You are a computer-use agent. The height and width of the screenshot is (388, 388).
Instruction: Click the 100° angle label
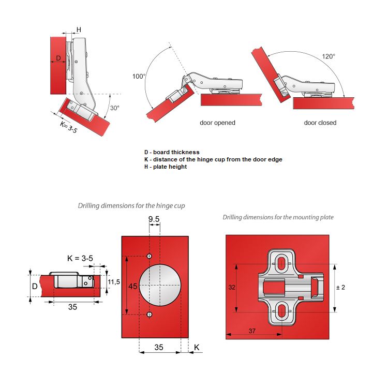pyautogui.click(x=139, y=76)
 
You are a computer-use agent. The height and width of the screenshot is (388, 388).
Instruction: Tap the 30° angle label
pyautogui.click(x=115, y=108)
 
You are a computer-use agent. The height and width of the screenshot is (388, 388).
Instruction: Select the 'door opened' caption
pyautogui.click(x=217, y=123)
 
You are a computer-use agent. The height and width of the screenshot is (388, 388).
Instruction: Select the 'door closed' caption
pyautogui.click(x=320, y=123)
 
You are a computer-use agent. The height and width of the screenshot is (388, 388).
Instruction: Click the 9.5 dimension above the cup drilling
pyautogui.click(x=154, y=219)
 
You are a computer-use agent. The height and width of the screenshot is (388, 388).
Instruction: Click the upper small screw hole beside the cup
pyautogui.click(x=150, y=257)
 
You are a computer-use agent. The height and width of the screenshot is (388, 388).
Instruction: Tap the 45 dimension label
pyautogui.click(x=132, y=286)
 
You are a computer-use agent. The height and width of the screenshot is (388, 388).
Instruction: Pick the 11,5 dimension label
pyautogui.click(x=114, y=281)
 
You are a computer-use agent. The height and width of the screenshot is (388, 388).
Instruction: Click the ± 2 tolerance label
pyautogui.click(x=341, y=287)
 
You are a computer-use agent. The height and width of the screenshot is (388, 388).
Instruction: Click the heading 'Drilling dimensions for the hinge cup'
pyautogui.click(x=131, y=205)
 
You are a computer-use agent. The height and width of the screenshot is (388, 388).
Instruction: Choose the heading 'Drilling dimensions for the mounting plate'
pyautogui.click(x=278, y=217)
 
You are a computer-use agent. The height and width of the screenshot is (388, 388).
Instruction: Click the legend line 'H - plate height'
pyautogui.click(x=166, y=167)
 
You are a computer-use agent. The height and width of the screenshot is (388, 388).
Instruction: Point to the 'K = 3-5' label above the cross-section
pyautogui.click(x=80, y=257)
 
